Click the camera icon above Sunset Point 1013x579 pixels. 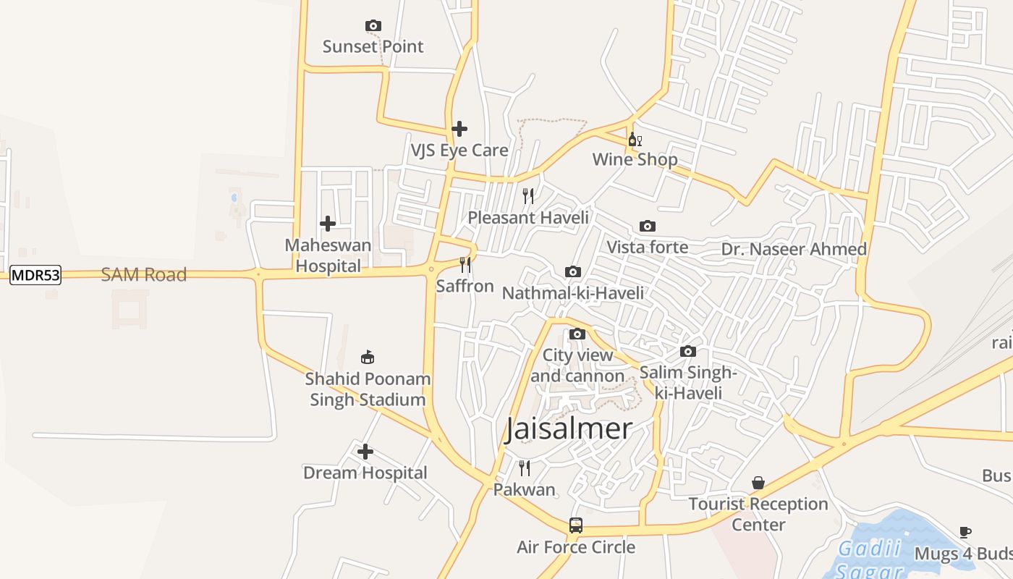tap(373, 26)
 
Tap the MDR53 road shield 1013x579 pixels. tap(35, 275)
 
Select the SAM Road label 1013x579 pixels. tap(144, 275)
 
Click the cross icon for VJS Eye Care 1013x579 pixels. tap(459, 130)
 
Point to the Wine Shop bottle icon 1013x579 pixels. tap(635, 140)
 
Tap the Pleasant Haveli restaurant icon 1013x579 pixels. tap(528, 196)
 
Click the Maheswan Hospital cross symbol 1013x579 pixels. tap(328, 224)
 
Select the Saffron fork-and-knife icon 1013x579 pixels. tap(465, 265)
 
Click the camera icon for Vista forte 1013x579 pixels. tap(648, 227)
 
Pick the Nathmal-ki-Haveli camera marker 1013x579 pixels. tap(573, 272)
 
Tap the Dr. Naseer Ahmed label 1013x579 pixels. tap(794, 250)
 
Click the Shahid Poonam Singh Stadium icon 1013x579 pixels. tap(368, 358)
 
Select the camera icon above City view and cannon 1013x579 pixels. tap(577, 334)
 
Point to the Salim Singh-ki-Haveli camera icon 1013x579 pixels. tap(688, 352)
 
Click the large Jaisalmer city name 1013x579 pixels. tap(569, 429)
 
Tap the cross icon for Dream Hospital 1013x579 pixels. tap(365, 452)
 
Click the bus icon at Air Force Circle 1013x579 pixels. tap(576, 525)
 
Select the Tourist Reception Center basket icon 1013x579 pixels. tap(758, 483)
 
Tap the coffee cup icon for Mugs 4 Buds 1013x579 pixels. tap(965, 533)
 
